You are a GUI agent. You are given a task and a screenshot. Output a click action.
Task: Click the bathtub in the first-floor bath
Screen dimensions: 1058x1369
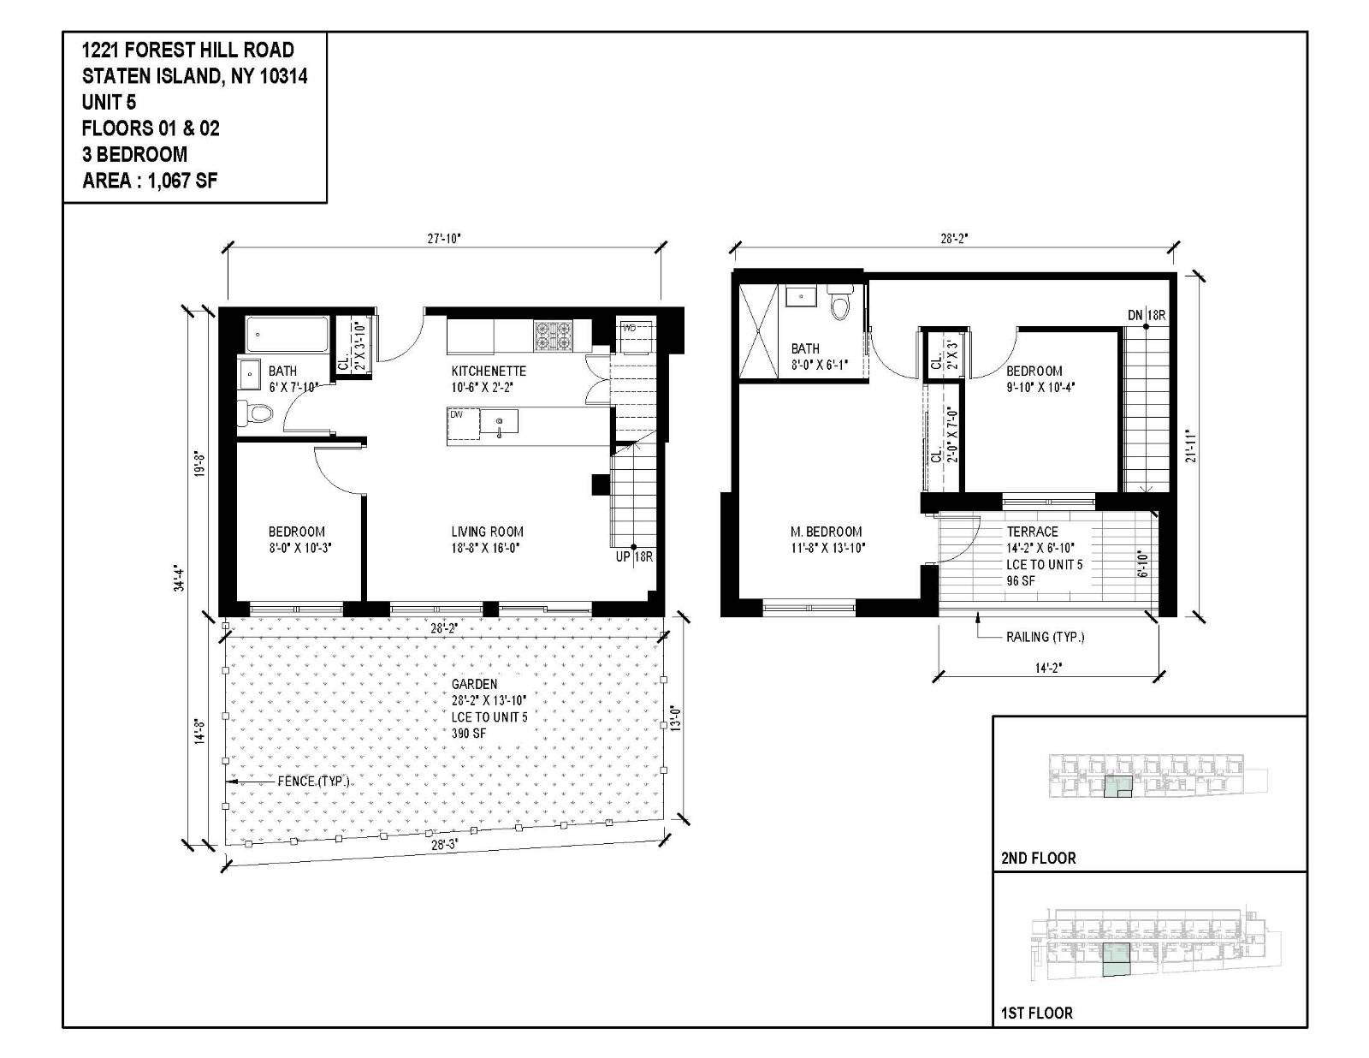(287, 336)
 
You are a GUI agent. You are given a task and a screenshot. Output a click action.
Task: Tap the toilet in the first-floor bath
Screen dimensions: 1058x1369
(255, 414)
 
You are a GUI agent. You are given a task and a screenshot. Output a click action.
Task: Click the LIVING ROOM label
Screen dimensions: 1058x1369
(487, 532)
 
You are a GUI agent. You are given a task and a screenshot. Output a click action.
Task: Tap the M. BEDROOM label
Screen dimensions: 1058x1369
(826, 532)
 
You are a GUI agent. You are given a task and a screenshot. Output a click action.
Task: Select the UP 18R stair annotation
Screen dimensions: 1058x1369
(635, 557)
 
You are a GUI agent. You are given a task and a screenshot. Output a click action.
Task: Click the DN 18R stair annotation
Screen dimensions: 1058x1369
(1146, 315)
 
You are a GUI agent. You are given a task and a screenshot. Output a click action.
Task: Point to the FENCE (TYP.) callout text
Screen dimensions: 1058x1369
(313, 782)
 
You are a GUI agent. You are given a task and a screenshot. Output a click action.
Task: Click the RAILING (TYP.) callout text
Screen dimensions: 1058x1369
(1045, 637)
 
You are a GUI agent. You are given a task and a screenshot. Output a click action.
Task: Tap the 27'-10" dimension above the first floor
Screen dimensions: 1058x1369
(444, 239)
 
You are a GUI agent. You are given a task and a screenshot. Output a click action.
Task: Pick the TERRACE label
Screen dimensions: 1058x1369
(1032, 532)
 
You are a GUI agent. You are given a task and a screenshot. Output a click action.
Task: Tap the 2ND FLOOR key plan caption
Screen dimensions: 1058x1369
(1038, 858)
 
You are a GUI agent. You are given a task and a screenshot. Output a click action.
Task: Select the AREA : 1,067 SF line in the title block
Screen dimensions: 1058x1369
(150, 181)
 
